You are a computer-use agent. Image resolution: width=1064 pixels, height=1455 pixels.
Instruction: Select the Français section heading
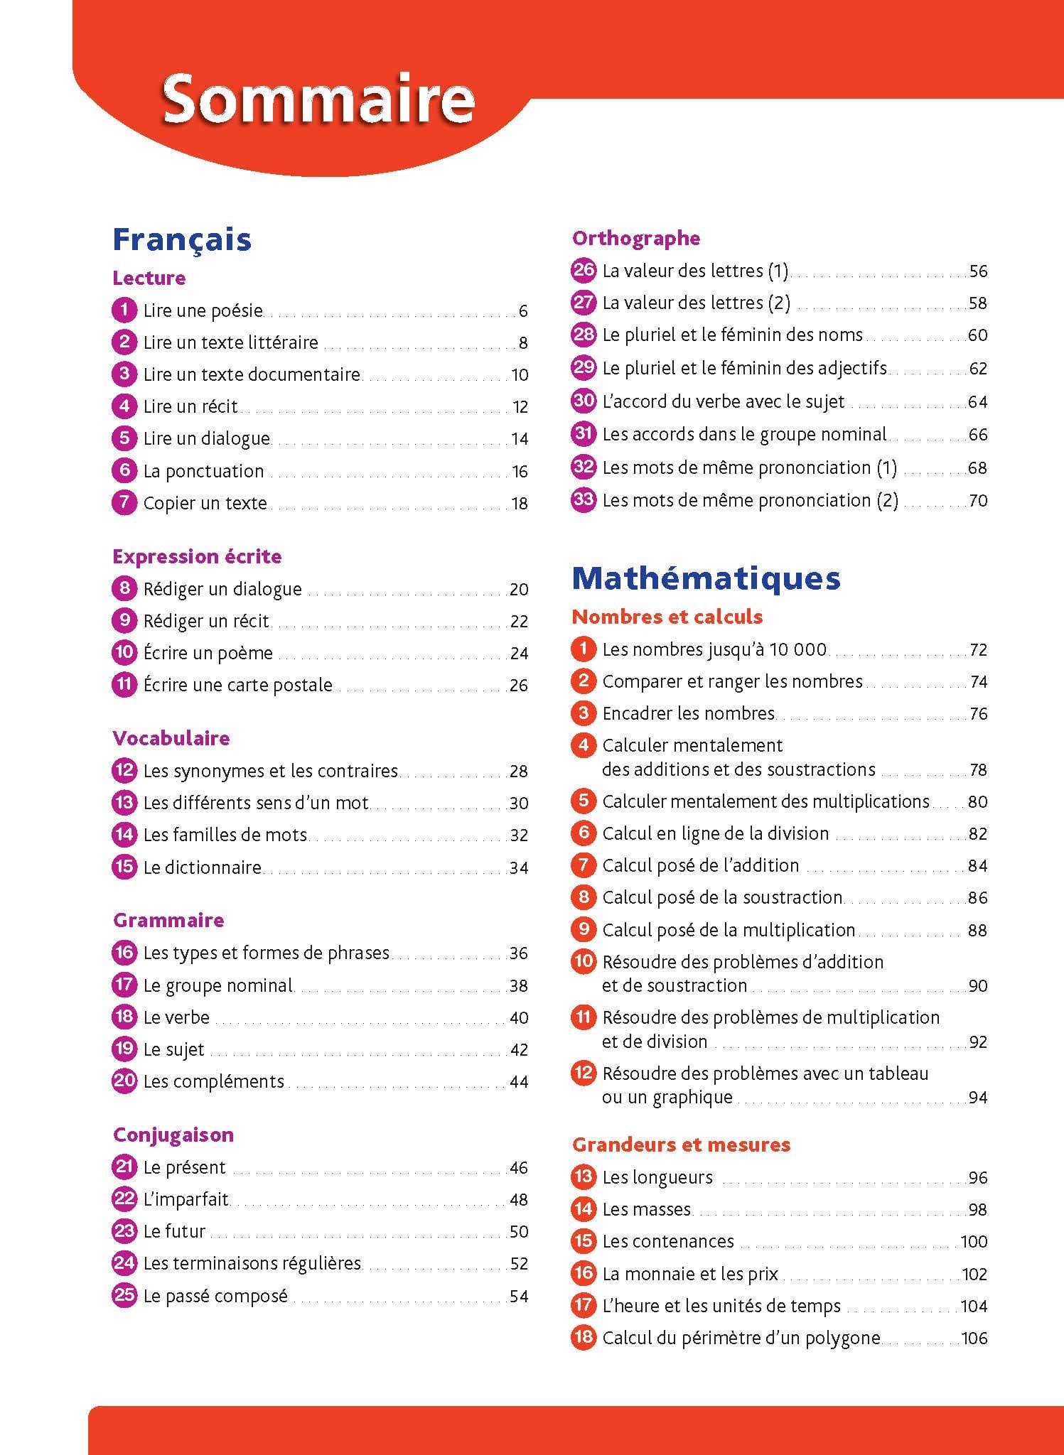[182, 239]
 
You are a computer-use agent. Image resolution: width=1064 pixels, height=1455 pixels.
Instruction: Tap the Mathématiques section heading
[706, 578]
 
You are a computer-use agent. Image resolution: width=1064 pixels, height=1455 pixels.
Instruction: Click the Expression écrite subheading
[197, 556]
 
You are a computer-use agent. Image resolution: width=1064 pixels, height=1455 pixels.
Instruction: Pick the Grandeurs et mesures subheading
[681, 1145]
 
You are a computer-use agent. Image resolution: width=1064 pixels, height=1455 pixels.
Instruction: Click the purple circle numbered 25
[124, 1295]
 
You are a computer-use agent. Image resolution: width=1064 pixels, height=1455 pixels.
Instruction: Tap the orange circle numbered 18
[583, 1337]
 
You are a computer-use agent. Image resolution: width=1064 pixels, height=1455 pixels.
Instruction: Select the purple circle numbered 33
[583, 499]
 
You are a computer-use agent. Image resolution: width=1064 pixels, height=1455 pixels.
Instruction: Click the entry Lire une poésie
[203, 310]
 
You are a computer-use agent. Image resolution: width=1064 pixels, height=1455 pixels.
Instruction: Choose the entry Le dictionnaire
[202, 867]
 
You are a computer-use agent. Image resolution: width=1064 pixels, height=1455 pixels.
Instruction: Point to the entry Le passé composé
[215, 1296]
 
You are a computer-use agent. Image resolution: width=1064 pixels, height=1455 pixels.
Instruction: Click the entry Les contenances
[668, 1241]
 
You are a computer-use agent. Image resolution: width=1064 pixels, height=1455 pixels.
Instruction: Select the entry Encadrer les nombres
[688, 713]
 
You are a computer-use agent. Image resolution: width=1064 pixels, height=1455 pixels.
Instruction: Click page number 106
[974, 1338]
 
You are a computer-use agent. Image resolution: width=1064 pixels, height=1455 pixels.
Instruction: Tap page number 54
[519, 1297]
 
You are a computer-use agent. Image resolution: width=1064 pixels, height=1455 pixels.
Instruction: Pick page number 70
[978, 501]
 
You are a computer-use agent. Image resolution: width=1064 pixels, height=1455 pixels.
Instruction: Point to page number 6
[523, 311]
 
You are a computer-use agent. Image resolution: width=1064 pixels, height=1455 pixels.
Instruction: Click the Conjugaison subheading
[173, 1135]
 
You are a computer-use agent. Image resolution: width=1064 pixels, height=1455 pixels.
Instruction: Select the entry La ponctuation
[203, 471]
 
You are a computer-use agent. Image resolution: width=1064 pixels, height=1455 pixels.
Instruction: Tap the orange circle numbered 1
[583, 649]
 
